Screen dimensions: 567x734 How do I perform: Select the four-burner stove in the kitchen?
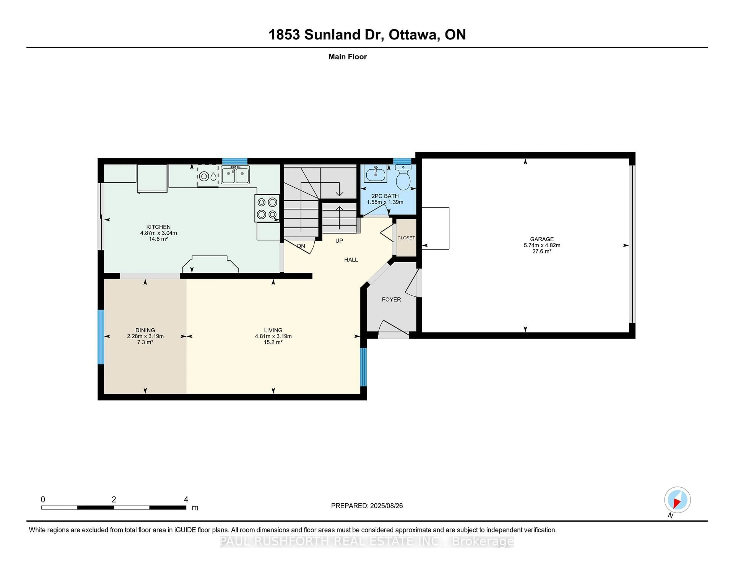click(267, 208)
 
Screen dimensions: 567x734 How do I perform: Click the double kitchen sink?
click(235, 175)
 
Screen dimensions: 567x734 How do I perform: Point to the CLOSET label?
click(406, 238)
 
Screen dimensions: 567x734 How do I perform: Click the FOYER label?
click(391, 299)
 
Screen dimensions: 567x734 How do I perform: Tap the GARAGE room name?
click(542, 239)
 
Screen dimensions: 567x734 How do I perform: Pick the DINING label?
click(145, 330)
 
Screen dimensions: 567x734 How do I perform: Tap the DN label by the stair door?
click(301, 246)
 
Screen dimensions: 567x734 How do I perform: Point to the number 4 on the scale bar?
click(186, 500)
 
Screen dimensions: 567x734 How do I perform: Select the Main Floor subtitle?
click(348, 57)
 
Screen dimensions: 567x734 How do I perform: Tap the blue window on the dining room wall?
click(101, 337)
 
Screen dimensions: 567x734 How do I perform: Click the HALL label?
click(351, 260)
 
